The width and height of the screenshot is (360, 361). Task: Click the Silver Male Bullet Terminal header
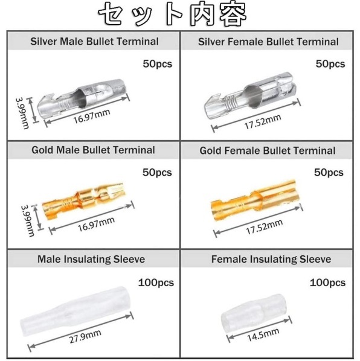tap(94, 42)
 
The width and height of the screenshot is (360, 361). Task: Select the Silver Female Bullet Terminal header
tap(268, 42)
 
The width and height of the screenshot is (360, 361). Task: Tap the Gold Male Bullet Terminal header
tap(93, 150)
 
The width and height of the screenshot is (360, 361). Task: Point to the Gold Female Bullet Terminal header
tap(268, 150)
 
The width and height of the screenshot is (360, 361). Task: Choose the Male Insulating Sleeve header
tap(91, 259)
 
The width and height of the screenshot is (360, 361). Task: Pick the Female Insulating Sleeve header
tap(271, 259)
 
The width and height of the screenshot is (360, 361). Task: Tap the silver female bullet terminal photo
tap(250, 95)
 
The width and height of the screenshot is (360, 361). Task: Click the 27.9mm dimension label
tap(85, 337)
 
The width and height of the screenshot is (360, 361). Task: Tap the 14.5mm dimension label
tap(263, 335)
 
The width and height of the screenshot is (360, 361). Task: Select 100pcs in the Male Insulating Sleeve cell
tap(156, 283)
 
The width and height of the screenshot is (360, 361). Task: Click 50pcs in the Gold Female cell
tap(329, 173)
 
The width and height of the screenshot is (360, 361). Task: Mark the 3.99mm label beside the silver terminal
tap(22, 113)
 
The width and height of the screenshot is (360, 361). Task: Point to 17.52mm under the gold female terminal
tap(265, 227)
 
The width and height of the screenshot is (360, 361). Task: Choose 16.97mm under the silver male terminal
tap(92, 117)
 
